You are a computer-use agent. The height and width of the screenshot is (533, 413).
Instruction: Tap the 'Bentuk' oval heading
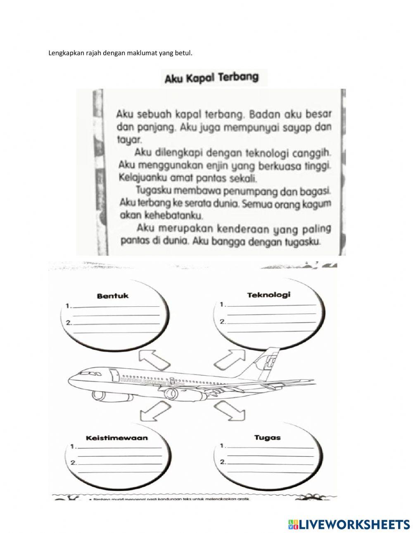(x=112, y=296)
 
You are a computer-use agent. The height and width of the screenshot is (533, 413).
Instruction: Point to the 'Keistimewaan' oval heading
(x=116, y=438)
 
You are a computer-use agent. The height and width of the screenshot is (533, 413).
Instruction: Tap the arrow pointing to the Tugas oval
(x=225, y=413)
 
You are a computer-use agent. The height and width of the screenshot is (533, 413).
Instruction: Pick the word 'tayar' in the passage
(x=128, y=141)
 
